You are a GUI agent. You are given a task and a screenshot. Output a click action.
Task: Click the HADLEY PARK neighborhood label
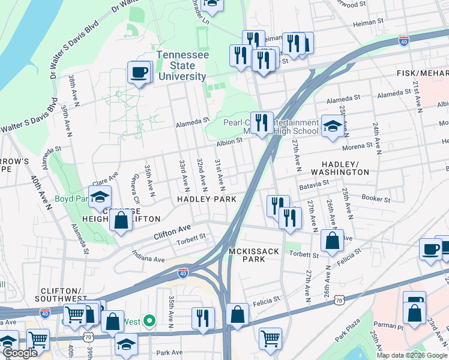point(206,199)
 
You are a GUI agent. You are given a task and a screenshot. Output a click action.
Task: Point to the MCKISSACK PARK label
point(253,255)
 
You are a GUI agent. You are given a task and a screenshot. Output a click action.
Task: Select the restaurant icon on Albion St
point(261,124)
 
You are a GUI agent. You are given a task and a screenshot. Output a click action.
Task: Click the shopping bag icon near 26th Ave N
point(332,241)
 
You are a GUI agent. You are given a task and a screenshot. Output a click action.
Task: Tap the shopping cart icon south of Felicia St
point(270,338)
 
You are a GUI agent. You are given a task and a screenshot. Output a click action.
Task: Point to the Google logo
point(20,353)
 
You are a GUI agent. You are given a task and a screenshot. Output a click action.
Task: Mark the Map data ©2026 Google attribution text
point(411,355)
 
